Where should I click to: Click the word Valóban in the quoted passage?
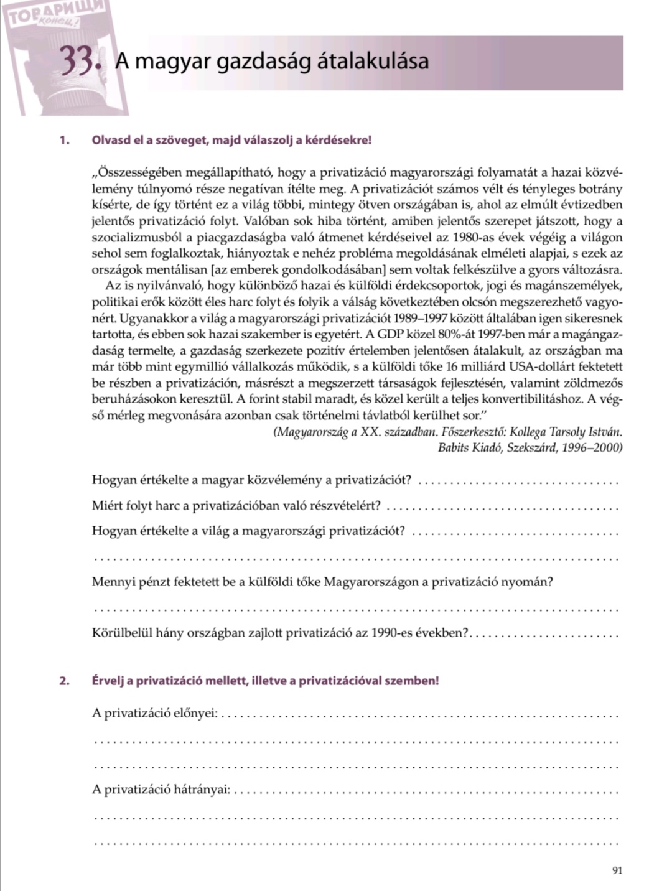265,222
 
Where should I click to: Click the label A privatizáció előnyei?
155,714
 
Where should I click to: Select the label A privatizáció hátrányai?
161,790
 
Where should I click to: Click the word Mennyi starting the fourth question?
112,582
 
